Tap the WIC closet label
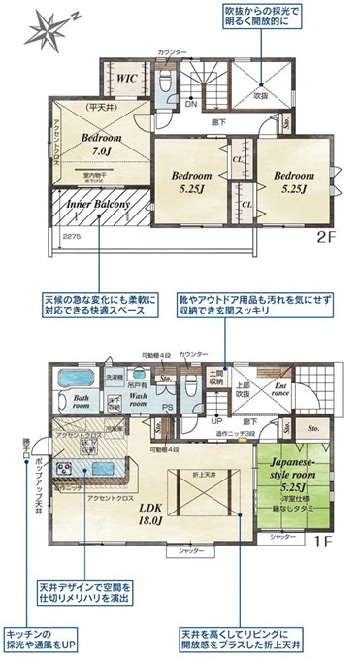tap(124, 78)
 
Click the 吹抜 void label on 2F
tap(261, 96)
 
